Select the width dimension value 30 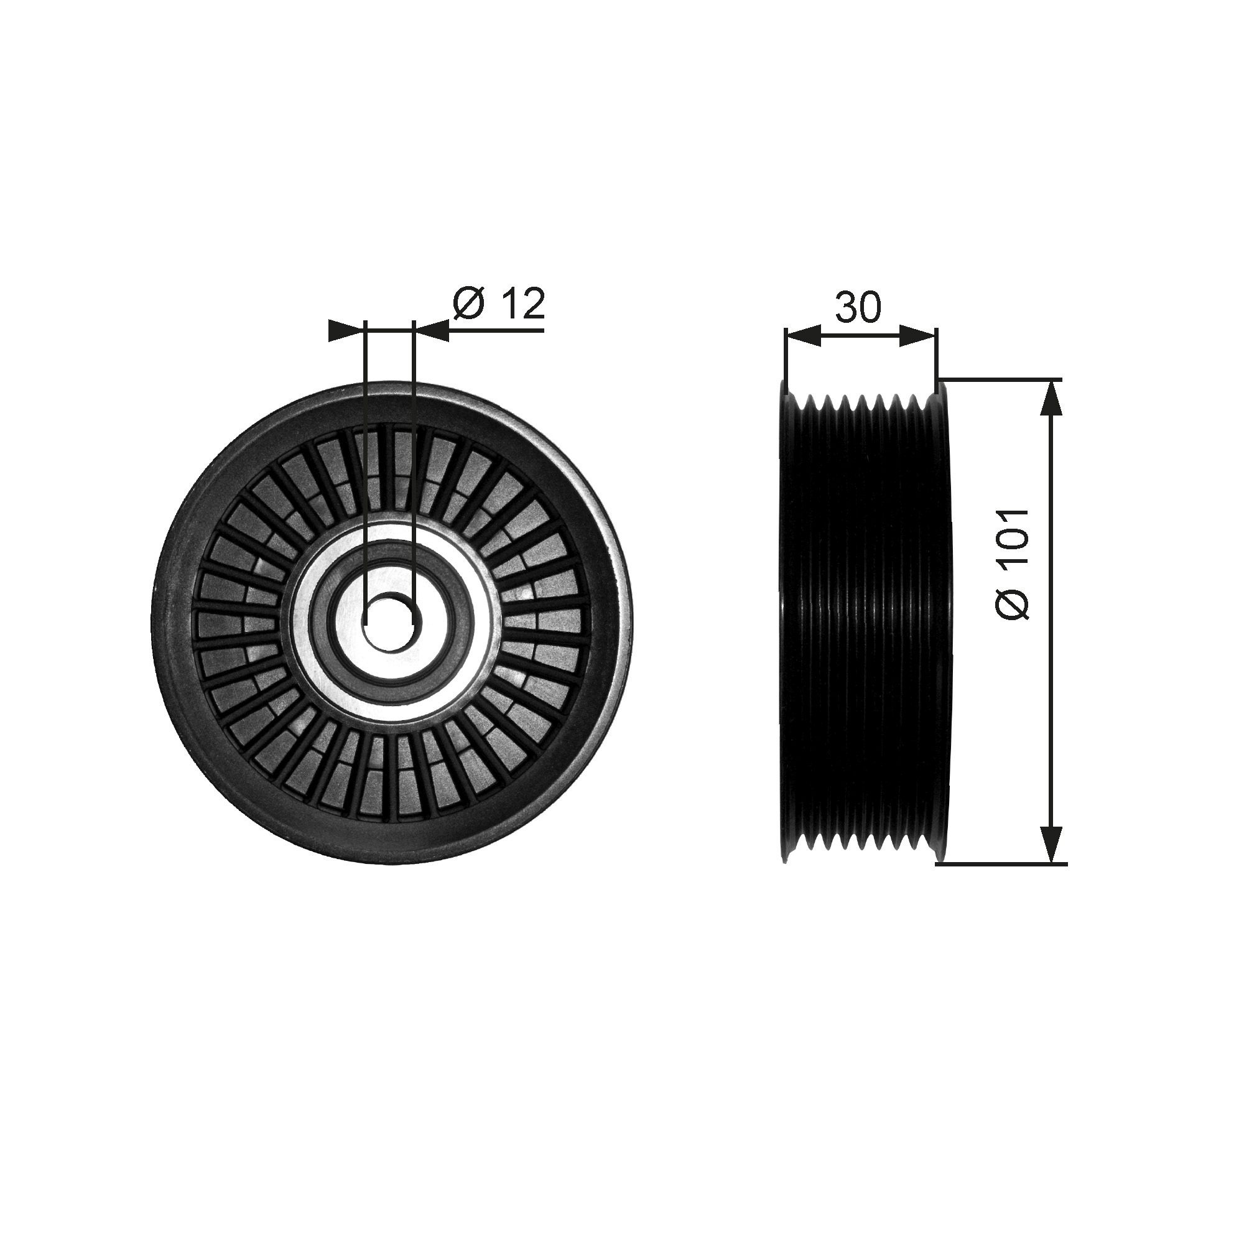(x=858, y=307)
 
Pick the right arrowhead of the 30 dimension (x=917, y=335)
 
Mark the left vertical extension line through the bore (x=364, y=451)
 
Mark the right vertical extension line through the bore (x=414, y=451)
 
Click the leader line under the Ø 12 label (x=496, y=330)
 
